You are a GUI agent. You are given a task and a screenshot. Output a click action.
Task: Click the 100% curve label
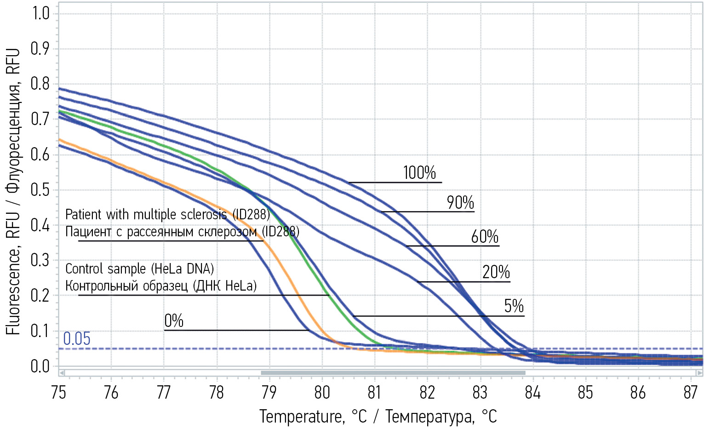(419, 173)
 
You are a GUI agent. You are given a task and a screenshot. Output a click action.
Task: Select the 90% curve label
(460, 202)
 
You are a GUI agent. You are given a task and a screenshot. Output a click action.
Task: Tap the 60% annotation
(484, 237)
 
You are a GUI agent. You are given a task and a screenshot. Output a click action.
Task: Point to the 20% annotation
(496, 272)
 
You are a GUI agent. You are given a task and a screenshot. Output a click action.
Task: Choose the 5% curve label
(514, 306)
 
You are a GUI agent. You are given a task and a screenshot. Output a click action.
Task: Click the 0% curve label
(174, 320)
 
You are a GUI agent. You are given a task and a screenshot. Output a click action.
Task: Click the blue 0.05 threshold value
(76, 339)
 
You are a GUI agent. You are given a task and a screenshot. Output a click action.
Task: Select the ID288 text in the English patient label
(251, 214)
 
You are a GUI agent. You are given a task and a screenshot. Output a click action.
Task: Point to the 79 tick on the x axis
(269, 392)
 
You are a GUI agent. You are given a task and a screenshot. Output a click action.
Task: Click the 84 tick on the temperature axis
(532, 392)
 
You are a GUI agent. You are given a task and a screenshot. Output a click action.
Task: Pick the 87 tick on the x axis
(690, 392)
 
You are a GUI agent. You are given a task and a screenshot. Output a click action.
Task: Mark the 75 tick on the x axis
(58, 392)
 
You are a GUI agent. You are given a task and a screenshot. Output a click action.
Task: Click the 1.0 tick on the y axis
(40, 13)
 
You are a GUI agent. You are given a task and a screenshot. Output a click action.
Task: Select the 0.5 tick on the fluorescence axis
(40, 189)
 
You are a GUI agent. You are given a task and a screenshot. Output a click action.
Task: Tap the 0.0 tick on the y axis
(40, 366)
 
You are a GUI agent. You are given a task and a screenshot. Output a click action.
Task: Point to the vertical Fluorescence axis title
(13, 191)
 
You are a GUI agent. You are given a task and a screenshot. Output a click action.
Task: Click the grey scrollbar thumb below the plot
(393, 373)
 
